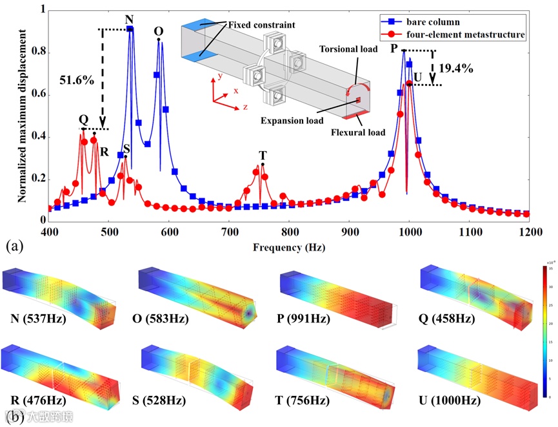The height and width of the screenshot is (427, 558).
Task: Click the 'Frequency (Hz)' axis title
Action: [x=288, y=247]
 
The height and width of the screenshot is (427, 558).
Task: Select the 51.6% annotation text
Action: [x=77, y=81]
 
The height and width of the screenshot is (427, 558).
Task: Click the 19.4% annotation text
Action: [x=456, y=67]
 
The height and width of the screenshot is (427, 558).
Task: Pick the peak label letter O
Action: [x=159, y=32]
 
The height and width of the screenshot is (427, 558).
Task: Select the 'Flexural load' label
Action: [x=358, y=132]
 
